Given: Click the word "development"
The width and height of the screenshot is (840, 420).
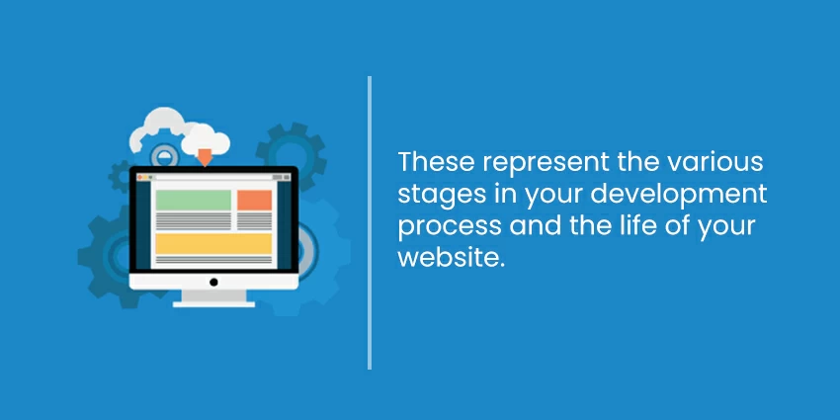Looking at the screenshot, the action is [x=679, y=195].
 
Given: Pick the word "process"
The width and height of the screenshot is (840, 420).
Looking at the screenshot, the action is [x=450, y=227].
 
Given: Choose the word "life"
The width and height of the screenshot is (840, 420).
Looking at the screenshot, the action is [x=633, y=224].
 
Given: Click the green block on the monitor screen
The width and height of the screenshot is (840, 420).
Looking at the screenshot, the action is [x=194, y=200].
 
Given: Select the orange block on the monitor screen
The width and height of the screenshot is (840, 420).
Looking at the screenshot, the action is [x=254, y=200].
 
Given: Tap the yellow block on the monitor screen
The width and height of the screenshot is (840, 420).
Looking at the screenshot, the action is [x=213, y=244].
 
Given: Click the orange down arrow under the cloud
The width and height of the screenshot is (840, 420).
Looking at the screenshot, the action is [x=205, y=157].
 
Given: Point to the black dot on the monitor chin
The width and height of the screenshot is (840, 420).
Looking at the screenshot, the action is [x=213, y=282].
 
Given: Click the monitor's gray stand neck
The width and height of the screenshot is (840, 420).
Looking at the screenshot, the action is [x=213, y=295].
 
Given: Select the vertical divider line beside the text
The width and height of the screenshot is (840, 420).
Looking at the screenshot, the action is [x=370, y=223].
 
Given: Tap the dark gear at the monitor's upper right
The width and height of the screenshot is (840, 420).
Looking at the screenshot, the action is [x=292, y=152].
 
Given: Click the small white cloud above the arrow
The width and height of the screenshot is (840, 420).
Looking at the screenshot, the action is [x=206, y=139].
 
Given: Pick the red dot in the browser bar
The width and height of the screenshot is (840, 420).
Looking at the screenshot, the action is [x=139, y=177].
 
